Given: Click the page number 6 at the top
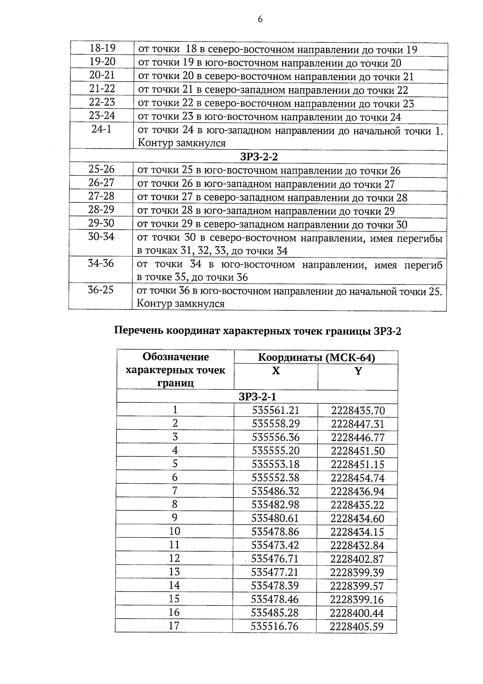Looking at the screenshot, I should [x=260, y=19].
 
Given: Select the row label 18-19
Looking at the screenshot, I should [x=102, y=48].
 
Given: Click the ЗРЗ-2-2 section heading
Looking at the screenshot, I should [x=258, y=156].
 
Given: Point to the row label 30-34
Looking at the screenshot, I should [x=101, y=237].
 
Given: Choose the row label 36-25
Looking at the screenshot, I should [x=101, y=290].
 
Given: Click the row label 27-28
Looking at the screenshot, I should [x=101, y=196].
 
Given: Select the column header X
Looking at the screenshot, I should [x=276, y=371].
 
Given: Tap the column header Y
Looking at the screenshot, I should [x=358, y=371].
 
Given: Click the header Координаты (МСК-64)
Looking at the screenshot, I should [x=316, y=358].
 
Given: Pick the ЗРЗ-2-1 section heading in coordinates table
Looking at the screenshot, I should [x=258, y=397].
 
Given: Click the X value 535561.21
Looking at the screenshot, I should [x=276, y=410].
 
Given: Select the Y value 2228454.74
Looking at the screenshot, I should [x=358, y=478].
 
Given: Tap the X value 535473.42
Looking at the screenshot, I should [x=275, y=545].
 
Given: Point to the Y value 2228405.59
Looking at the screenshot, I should [x=357, y=626].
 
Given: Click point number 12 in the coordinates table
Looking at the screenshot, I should [x=175, y=559].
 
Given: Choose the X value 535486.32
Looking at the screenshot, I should [x=276, y=491].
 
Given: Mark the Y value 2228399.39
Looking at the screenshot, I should [x=357, y=572].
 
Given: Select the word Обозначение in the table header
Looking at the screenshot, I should [x=176, y=357].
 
